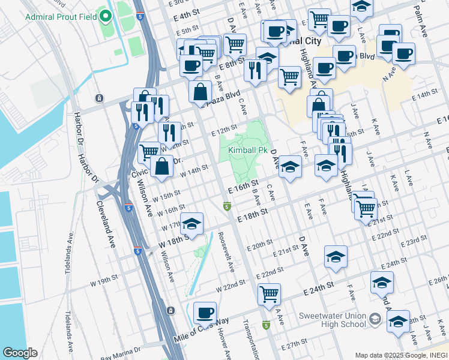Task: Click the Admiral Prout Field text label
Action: click(61, 16)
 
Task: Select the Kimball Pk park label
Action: click(247, 150)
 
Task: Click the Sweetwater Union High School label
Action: click(332, 319)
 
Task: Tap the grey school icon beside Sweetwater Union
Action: click(376, 318)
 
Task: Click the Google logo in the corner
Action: click(20, 353)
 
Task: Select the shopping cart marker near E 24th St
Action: click(270, 295)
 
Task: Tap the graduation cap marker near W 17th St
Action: click(191, 224)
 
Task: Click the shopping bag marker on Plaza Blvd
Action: click(200, 92)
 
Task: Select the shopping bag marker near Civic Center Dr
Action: click(162, 166)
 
